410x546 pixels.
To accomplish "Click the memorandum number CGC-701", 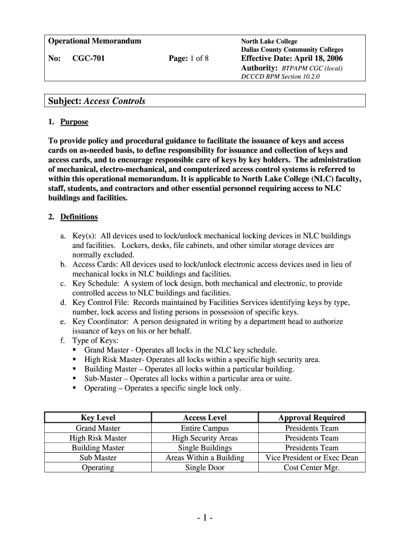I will click(x=88, y=58).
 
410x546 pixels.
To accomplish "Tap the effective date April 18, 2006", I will click(x=292, y=58).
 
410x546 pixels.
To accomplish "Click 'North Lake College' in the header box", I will click(x=269, y=41).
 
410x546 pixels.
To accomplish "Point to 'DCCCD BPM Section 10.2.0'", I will click(x=281, y=76).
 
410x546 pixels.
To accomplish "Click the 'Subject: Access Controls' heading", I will click(x=97, y=101).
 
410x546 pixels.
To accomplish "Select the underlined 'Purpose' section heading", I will click(x=74, y=122).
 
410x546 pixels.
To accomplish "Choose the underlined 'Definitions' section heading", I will click(x=79, y=217).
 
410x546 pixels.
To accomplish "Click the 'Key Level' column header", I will click(x=98, y=417).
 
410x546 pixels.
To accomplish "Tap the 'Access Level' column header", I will click(x=205, y=417).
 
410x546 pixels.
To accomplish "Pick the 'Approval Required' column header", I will click(x=311, y=417).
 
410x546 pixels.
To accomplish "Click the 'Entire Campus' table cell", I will click(x=205, y=428).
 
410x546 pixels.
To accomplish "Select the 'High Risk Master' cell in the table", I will click(x=98, y=438).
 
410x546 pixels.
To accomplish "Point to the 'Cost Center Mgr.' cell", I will click(x=311, y=468).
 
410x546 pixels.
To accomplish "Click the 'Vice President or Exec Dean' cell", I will click(x=311, y=457).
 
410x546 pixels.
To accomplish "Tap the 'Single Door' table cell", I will click(x=205, y=468).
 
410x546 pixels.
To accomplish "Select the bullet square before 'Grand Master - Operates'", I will click(x=75, y=350).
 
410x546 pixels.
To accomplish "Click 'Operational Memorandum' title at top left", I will click(x=95, y=41).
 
